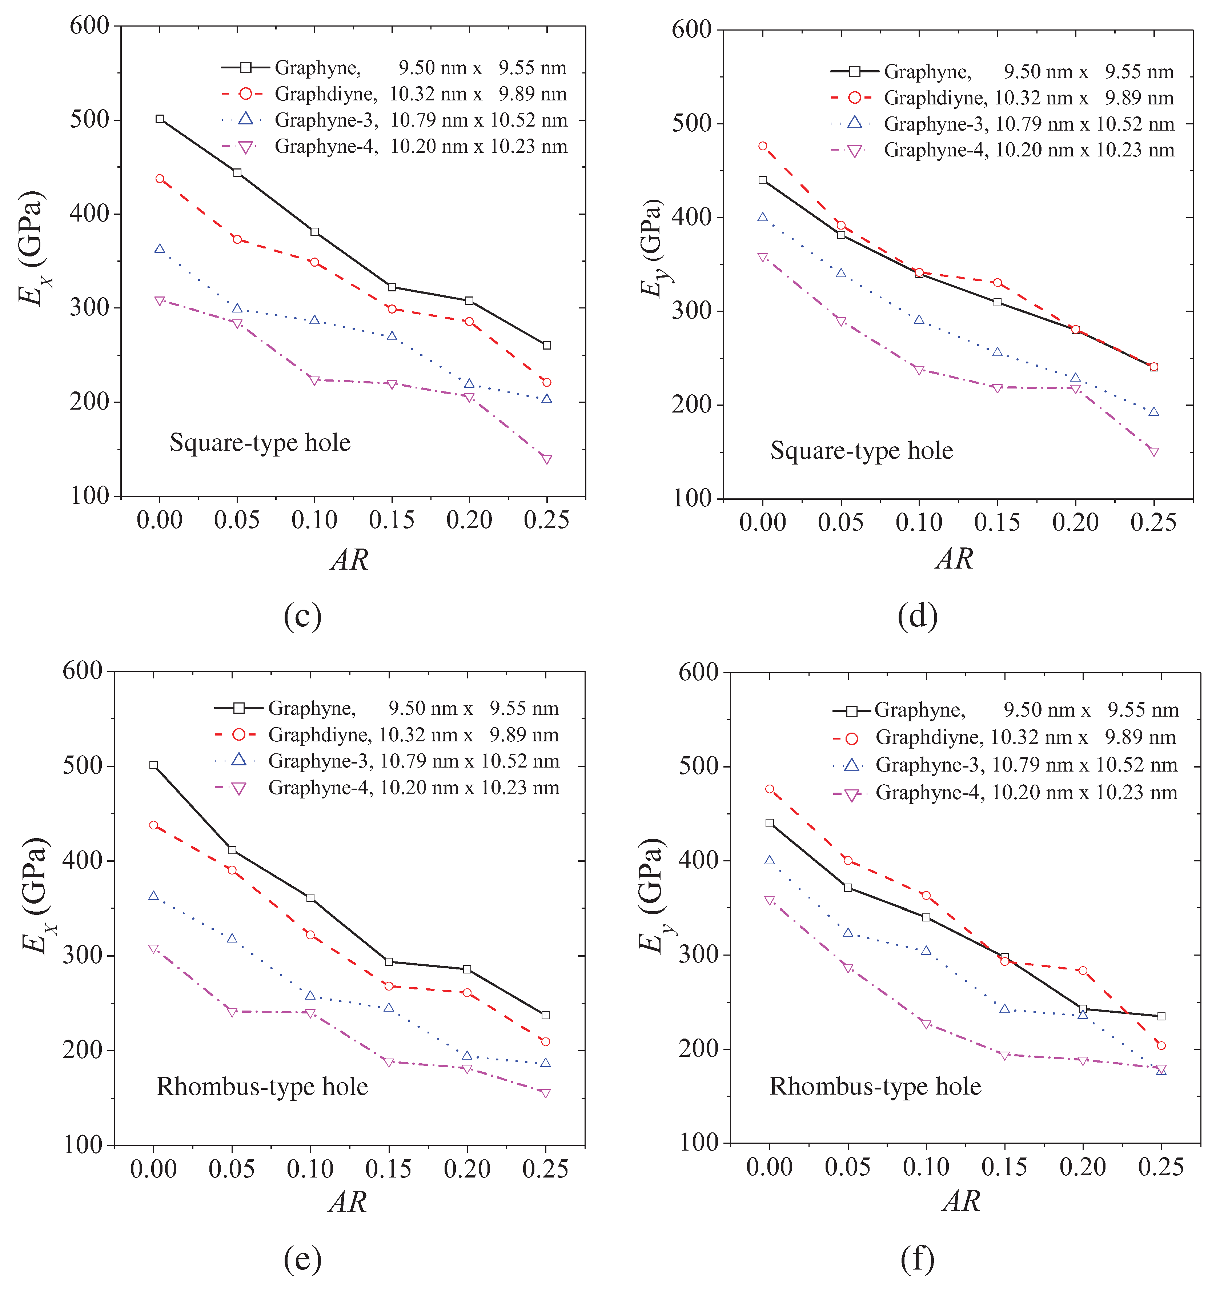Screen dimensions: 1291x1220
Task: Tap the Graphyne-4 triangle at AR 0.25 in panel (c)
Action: point(547,459)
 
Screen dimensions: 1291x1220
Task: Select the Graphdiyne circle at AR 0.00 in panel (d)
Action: point(763,146)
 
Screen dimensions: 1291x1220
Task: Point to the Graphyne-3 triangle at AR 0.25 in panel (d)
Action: point(1154,412)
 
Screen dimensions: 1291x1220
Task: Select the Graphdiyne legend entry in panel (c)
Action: point(393,94)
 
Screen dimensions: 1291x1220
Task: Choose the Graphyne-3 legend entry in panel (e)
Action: point(386,761)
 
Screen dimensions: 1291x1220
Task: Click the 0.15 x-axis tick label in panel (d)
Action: point(997,522)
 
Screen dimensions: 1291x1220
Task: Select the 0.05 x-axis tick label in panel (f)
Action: point(847,1167)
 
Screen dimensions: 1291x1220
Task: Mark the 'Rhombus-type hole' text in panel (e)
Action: point(262,1087)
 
